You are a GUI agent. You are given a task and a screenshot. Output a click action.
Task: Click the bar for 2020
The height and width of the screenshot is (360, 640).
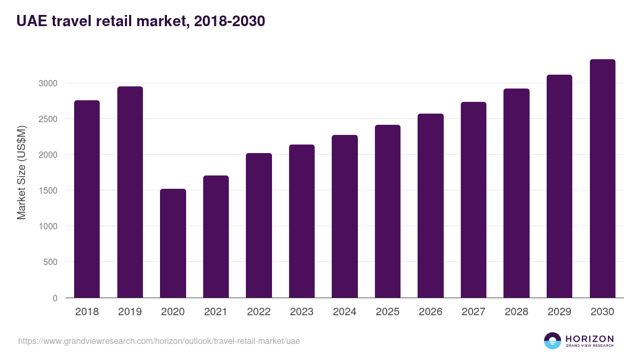click(173, 243)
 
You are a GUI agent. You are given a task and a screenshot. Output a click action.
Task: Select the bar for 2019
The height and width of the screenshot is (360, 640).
click(130, 192)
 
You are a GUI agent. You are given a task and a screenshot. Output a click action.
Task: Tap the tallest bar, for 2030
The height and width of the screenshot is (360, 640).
click(603, 179)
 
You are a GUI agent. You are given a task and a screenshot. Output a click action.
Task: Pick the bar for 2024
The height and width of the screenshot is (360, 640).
click(345, 216)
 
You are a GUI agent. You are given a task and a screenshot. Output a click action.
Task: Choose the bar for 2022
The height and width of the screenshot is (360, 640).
click(259, 225)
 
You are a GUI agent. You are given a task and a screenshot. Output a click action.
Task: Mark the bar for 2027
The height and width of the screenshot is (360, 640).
click(474, 199)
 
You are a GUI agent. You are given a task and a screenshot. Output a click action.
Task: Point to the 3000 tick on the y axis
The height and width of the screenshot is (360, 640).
click(47, 83)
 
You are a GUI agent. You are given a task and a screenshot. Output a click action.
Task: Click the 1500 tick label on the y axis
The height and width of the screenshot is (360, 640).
click(47, 190)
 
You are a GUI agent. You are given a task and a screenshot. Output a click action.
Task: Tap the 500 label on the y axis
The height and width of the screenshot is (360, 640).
click(50, 262)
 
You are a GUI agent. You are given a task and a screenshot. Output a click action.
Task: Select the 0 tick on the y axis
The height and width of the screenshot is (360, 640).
click(55, 298)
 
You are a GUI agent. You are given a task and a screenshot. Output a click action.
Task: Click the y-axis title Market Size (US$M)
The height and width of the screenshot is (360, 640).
click(21, 172)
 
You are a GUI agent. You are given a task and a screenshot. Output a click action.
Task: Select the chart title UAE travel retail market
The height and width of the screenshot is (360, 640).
click(141, 21)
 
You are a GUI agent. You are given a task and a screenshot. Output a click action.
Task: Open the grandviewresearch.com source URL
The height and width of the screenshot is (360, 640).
click(159, 341)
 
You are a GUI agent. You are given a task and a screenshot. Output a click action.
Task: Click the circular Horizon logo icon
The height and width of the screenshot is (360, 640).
click(553, 341)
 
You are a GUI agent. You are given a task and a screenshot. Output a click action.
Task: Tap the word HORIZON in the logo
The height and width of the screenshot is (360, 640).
click(589, 338)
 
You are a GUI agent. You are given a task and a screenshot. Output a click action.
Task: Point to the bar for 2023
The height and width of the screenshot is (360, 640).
click(302, 221)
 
